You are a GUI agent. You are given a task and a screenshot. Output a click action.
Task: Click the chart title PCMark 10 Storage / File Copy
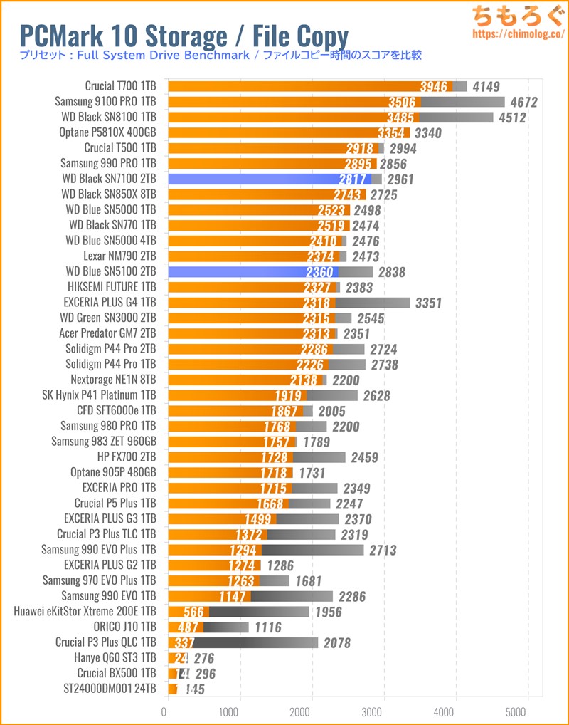pyautogui.click(x=183, y=36)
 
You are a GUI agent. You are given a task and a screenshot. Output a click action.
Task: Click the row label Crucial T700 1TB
pyautogui.click(x=120, y=86)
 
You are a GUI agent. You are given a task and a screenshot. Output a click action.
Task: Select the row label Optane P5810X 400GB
pyautogui.click(x=108, y=132)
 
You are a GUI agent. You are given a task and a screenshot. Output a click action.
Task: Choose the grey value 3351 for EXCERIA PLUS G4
pyautogui.click(x=426, y=303)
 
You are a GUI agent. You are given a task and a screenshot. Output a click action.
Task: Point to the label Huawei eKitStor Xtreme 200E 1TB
pyautogui.click(x=85, y=611)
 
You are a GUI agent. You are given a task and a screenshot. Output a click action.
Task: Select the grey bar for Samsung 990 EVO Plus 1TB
pyautogui.click(x=312, y=550)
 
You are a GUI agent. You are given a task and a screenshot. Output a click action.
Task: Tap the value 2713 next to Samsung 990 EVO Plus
pyautogui.click(x=381, y=550)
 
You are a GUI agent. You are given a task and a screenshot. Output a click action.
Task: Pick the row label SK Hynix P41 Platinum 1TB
pyautogui.click(x=100, y=395)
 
